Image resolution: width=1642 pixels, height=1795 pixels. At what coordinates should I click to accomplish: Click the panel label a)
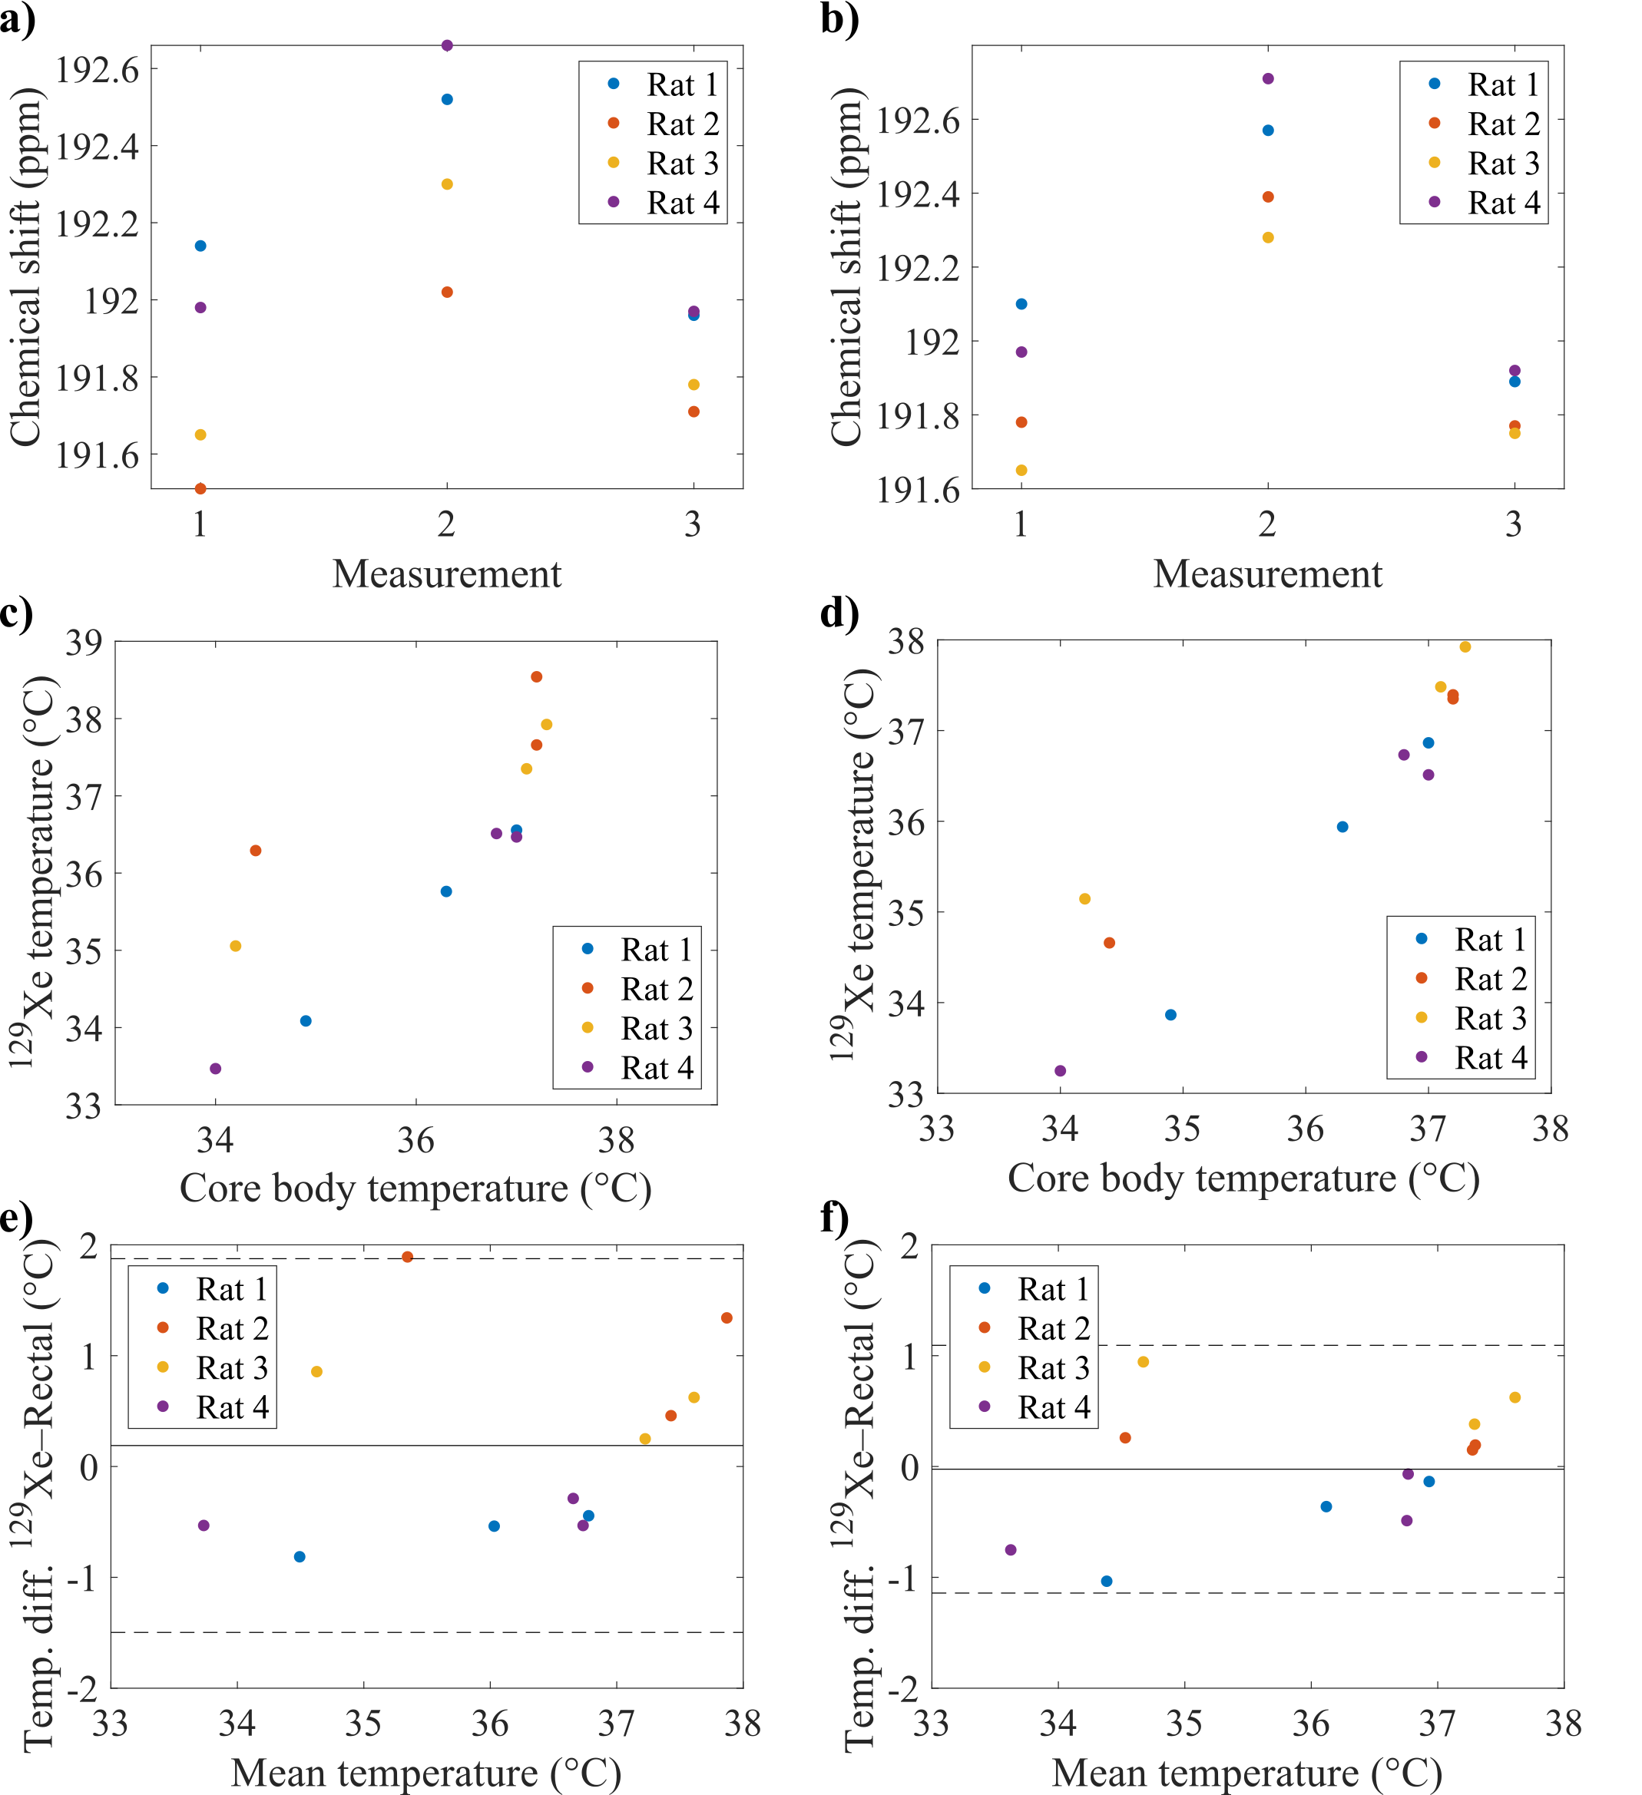click(18, 20)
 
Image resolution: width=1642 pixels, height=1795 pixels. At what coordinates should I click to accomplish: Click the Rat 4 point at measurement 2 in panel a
click(447, 45)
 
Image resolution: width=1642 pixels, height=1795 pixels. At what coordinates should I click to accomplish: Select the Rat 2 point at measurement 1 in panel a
click(200, 488)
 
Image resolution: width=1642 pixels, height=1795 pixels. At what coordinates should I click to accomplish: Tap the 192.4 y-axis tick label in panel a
click(98, 146)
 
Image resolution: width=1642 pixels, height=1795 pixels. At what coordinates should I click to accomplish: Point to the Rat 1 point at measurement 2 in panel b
click(1268, 130)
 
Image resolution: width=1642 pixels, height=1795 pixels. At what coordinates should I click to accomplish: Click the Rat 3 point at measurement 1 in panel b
click(1021, 470)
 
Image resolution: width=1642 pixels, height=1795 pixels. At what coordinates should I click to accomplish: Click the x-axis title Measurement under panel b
click(1267, 574)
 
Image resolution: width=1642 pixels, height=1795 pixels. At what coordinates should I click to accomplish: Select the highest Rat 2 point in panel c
click(536, 676)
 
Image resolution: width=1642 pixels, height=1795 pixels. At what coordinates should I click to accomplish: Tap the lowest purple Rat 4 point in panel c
click(216, 1069)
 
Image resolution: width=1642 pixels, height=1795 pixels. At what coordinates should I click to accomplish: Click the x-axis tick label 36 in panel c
click(415, 1141)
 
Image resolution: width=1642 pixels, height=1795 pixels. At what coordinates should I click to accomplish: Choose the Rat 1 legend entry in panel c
click(637, 949)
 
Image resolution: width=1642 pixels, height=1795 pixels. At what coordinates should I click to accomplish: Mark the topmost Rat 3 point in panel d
click(1465, 646)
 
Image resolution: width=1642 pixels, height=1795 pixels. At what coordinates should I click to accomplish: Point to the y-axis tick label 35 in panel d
click(906, 913)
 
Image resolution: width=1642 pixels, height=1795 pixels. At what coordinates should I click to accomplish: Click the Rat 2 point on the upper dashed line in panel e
click(407, 1256)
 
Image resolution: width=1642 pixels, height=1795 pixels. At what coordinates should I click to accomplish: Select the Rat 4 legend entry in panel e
click(214, 1407)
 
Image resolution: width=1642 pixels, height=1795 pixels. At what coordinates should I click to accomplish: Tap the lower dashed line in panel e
click(428, 1632)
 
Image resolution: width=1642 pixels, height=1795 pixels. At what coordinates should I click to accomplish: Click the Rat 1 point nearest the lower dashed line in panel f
click(1107, 1582)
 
